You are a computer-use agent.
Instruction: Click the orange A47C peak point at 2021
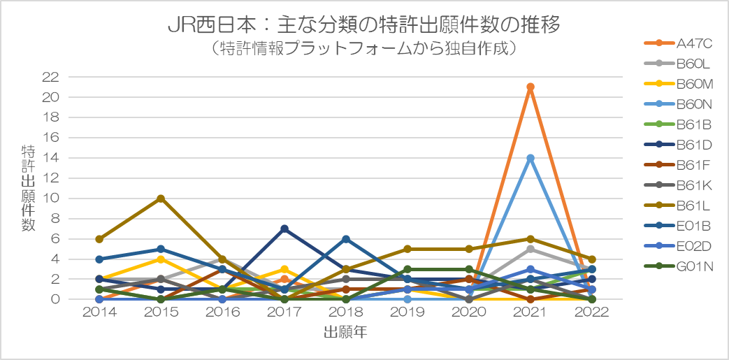[530, 87]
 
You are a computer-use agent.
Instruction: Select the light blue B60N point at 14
[530, 158]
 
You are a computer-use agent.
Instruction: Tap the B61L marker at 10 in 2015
[161, 199]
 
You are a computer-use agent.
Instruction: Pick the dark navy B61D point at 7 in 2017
[284, 229]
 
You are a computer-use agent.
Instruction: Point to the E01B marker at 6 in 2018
[345, 239]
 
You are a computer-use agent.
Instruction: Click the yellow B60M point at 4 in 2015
[161, 259]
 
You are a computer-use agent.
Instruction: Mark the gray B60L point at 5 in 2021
[530, 249]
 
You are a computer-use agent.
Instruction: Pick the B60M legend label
[695, 84]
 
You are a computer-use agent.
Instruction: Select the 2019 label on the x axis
[407, 312]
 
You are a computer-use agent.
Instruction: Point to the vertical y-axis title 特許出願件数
[28, 188]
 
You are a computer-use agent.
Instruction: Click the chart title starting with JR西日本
[364, 26]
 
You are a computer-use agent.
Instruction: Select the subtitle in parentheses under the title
[364, 49]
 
